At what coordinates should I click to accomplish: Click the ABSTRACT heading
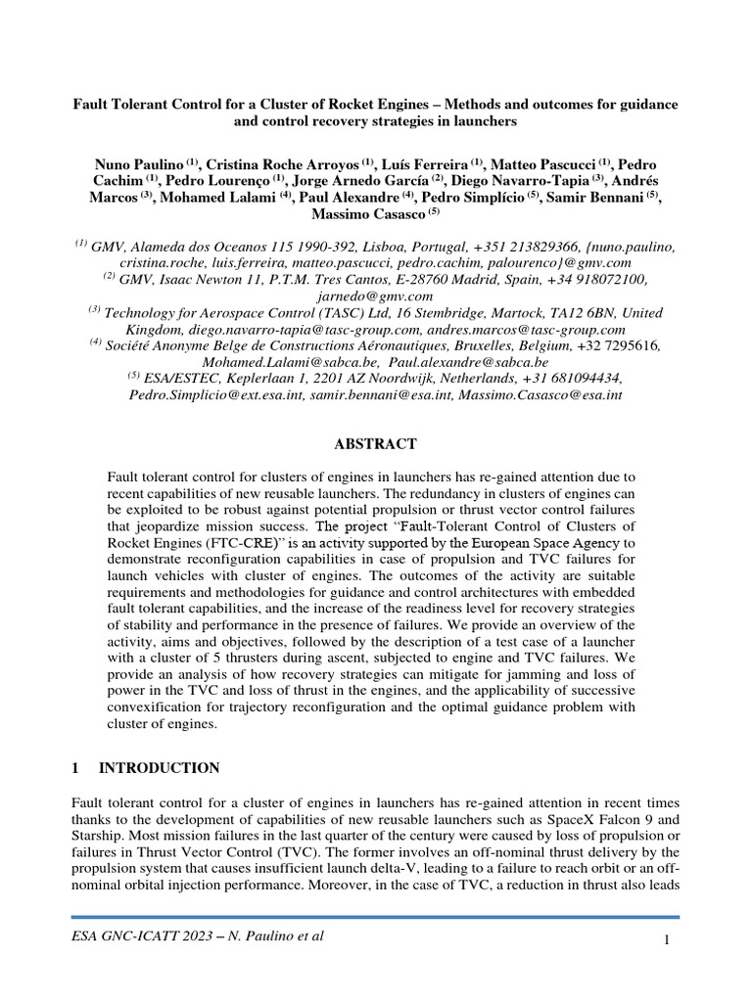(376, 443)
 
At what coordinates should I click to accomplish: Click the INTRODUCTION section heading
(159, 767)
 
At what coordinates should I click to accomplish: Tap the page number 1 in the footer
(666, 940)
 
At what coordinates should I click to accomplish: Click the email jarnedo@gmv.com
(376, 296)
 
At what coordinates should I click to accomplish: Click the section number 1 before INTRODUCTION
(75, 767)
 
